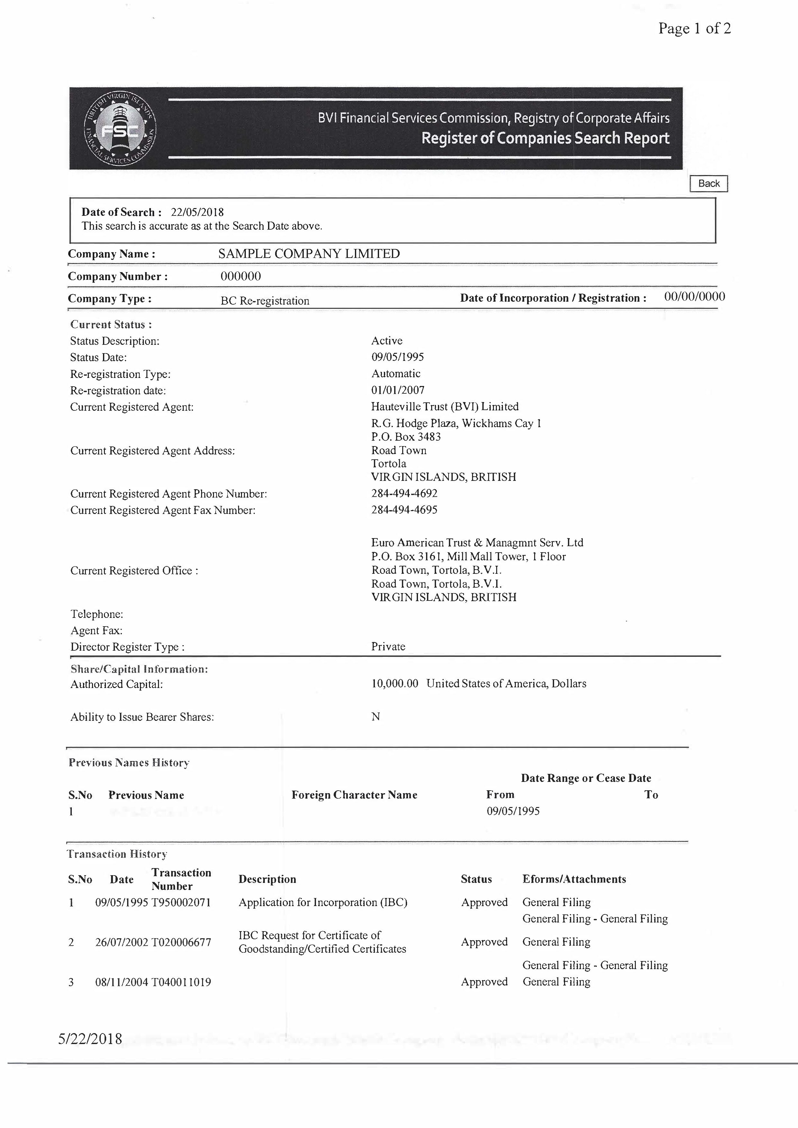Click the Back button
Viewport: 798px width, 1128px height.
click(x=709, y=183)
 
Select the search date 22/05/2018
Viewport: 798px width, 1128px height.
click(x=197, y=212)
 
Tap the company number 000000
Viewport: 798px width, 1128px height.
click(x=240, y=276)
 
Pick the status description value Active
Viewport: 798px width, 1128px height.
click(x=387, y=341)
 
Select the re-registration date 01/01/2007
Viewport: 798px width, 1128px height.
click(x=397, y=390)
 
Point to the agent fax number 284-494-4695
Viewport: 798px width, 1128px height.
click(x=404, y=509)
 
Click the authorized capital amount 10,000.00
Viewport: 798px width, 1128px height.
click(x=394, y=683)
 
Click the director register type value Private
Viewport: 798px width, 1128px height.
click(x=388, y=646)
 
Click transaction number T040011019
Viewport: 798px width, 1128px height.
click(x=181, y=982)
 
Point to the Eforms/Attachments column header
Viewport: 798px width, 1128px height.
click(x=574, y=879)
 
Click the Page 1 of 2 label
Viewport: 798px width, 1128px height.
click(x=694, y=29)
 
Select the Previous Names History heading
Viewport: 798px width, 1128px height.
click(x=129, y=763)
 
